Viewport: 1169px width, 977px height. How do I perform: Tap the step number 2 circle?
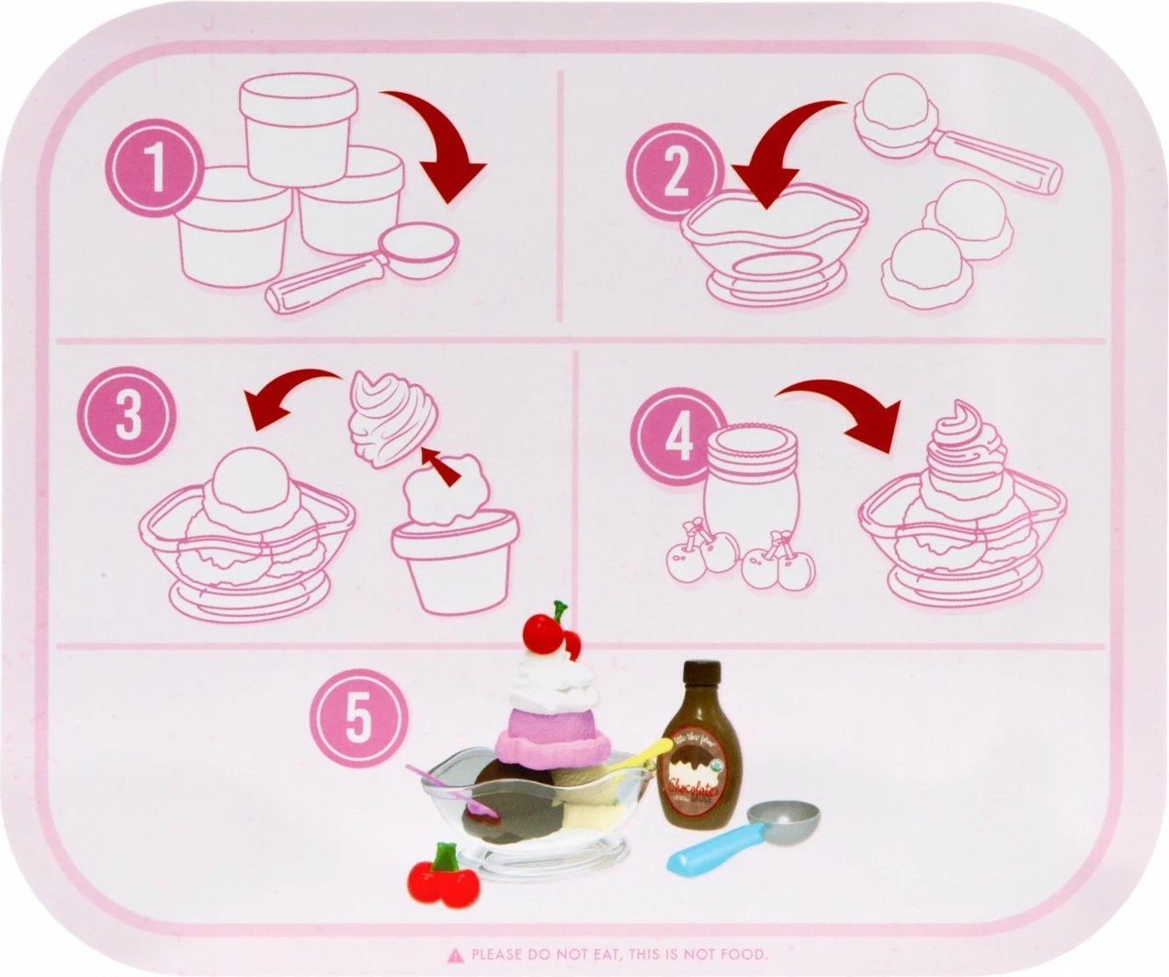coord(675,172)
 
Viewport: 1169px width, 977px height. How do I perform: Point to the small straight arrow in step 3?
coord(438,463)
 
